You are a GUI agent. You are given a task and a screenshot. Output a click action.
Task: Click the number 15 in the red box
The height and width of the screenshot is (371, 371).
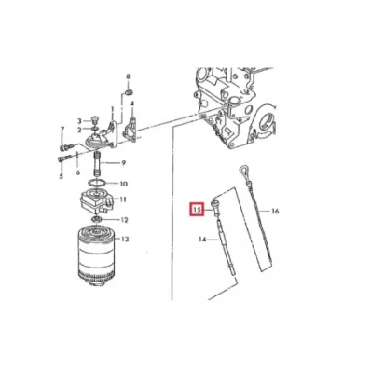click(197, 209)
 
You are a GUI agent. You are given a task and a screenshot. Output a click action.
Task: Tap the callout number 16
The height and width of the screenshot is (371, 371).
click(275, 212)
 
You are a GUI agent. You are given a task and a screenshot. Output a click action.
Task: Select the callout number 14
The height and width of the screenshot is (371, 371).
click(202, 240)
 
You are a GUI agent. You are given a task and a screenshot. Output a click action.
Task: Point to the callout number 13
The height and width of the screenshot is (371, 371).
click(125, 239)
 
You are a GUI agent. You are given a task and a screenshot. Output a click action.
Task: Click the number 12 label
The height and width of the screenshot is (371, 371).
click(124, 220)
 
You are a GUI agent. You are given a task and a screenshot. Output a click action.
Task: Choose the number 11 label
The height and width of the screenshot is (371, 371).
click(123, 199)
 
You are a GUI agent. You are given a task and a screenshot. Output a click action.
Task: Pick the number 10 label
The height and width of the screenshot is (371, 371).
click(124, 184)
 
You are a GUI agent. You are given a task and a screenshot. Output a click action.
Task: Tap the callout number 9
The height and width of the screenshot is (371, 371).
click(123, 163)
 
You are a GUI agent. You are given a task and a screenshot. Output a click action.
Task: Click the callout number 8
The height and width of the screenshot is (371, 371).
click(128, 76)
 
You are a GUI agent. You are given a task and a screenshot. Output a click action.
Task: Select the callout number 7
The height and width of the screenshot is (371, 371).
click(62, 129)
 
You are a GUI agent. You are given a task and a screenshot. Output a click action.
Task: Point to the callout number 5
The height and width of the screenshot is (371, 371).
click(61, 176)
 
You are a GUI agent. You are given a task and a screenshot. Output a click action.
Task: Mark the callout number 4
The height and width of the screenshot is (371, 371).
click(131, 103)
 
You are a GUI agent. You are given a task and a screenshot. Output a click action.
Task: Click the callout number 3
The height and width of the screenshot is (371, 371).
click(79, 121)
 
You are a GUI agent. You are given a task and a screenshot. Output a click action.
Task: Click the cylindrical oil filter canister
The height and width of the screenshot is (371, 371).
click(96, 256)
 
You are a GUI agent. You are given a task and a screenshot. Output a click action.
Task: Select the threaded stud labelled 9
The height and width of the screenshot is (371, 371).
click(98, 163)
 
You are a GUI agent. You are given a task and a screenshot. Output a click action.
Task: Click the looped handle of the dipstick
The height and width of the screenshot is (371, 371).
click(242, 171)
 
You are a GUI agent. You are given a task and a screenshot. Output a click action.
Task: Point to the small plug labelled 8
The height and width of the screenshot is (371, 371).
click(131, 91)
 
